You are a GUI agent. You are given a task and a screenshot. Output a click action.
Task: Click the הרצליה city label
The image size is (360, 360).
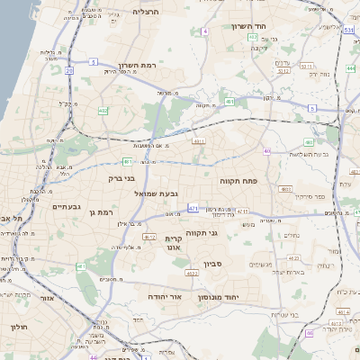[145, 12]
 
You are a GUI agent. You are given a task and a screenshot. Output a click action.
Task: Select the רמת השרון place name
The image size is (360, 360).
[139, 66]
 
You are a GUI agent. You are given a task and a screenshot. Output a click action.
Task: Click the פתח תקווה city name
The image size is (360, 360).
[238, 181]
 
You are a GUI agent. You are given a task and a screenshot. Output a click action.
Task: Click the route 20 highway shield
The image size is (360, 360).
[69, 68]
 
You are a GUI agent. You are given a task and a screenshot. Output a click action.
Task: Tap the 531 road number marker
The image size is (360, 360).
[347, 30]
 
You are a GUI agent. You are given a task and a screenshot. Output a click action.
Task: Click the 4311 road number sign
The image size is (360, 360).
[199, 140]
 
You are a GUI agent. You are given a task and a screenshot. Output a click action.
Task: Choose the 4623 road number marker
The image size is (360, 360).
[192, 273]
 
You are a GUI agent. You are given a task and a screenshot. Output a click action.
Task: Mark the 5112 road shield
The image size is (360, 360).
[307, 66]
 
